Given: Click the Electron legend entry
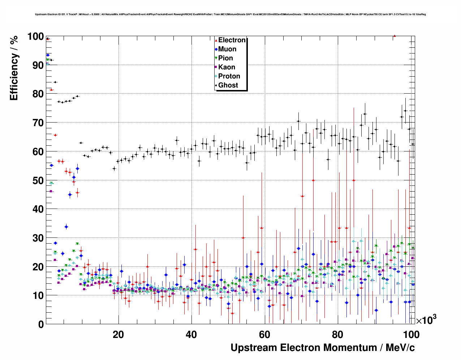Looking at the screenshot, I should click(232, 40).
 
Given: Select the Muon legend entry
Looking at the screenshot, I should click(227, 49).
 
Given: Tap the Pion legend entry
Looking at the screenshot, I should click(225, 58).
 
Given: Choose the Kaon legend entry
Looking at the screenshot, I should click(227, 67).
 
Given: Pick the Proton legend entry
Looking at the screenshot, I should click(229, 76).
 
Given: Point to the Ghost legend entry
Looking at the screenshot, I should click(228, 85).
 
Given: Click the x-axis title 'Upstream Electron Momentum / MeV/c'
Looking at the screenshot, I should click(323, 348).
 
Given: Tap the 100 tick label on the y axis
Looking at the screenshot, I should click(35, 37).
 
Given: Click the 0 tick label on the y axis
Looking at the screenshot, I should click(41, 324).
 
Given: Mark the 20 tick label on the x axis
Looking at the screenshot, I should click(118, 335).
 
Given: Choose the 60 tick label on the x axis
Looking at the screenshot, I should click(264, 335).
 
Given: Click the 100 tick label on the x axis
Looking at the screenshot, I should click(410, 335).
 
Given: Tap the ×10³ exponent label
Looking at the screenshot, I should click(426, 320).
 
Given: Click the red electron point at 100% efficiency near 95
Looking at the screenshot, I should click(395, 36).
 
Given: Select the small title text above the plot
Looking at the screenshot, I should click(230, 14).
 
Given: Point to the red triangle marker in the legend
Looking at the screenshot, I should click(216, 40).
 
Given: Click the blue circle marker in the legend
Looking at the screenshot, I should click(216, 50).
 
